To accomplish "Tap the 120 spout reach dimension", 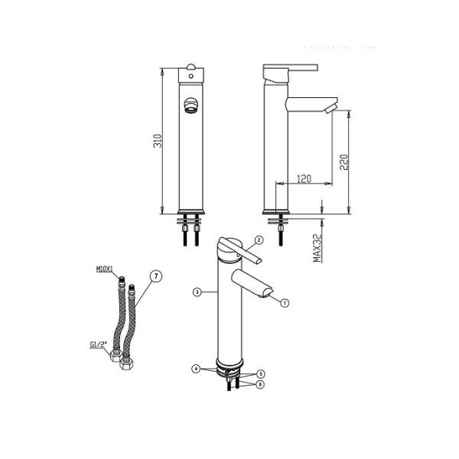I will (303, 179).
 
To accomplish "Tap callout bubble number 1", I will (284, 302).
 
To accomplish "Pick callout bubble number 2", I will (259, 240).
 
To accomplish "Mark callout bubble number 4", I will (196, 369).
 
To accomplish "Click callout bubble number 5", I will (259, 374).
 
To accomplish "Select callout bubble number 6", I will (259, 384).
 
